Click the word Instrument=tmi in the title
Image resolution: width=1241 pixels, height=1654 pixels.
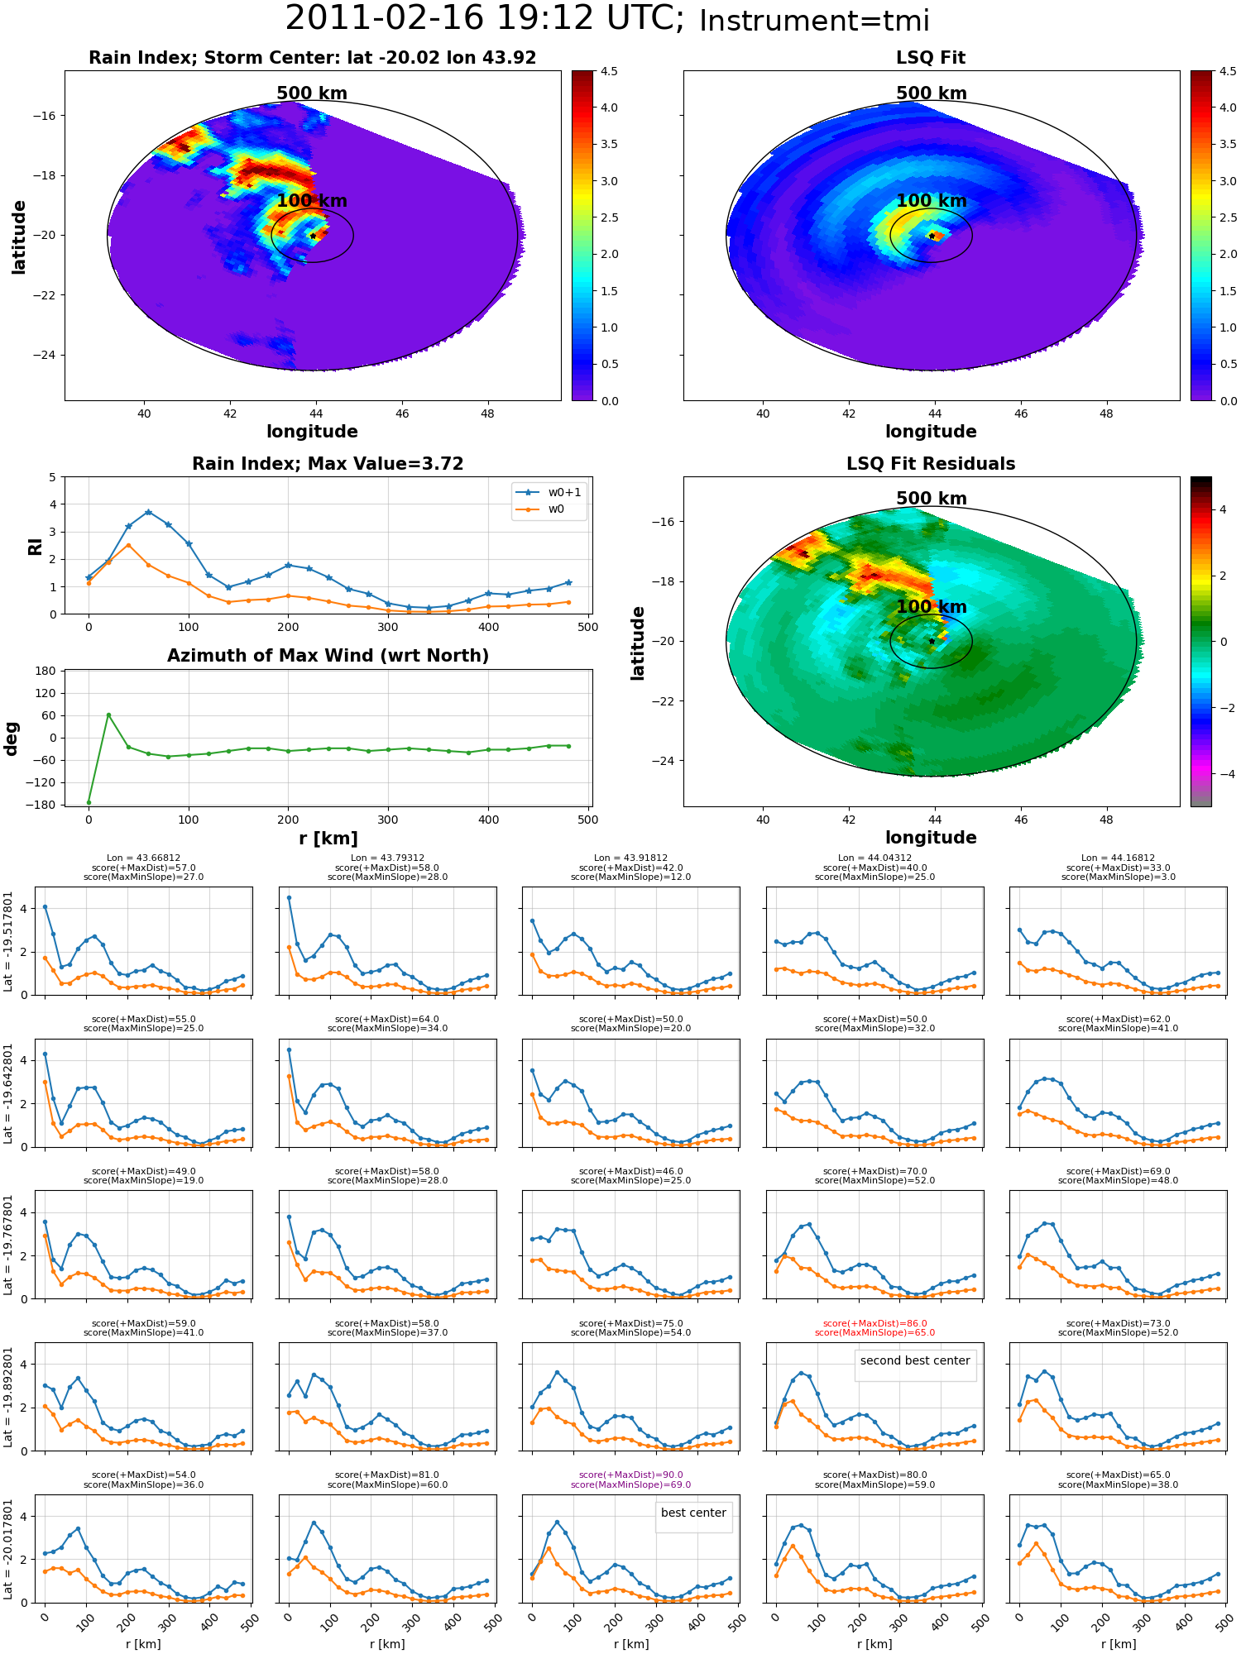coord(814,21)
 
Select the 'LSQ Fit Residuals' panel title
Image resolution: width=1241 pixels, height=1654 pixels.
coord(931,464)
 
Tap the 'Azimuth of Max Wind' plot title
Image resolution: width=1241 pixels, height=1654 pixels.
coord(328,656)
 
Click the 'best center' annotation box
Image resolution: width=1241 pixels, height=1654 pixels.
coord(693,1513)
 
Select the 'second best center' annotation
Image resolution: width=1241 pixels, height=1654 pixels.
coord(915,1360)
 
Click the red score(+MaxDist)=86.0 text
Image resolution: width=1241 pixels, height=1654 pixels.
coord(874,1323)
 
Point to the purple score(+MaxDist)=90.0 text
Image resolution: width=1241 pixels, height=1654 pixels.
coord(630,1475)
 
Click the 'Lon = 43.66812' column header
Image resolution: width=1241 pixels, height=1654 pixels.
coord(143,858)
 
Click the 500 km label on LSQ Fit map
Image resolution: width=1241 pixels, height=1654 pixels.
coord(931,93)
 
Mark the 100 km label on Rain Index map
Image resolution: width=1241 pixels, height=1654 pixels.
coord(312,201)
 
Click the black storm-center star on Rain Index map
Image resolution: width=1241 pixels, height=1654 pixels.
coord(313,236)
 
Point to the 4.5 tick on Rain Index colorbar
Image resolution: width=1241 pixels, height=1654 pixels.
coord(609,72)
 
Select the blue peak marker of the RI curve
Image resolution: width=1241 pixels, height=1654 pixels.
coord(148,513)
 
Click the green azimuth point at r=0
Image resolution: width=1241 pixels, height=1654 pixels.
coord(89,802)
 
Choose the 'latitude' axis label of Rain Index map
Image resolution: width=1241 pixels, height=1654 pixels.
coord(18,237)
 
